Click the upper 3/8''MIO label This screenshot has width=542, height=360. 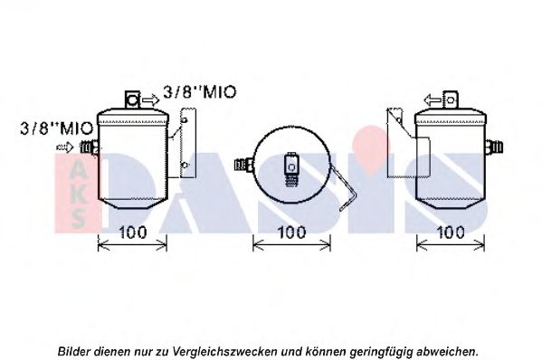[199, 92]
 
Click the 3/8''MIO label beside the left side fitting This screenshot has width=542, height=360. [57, 128]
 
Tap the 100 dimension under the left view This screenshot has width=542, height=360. [132, 232]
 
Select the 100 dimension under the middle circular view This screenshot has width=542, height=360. [291, 232]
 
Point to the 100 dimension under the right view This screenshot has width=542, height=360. [451, 232]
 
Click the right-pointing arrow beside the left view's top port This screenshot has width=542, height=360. [151, 100]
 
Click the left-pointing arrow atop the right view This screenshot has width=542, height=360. [433, 100]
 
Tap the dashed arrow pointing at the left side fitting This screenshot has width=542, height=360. [65, 147]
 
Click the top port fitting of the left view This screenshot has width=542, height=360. [132, 100]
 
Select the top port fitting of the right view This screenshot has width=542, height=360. [451, 100]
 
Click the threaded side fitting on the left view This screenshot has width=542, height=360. [90, 147]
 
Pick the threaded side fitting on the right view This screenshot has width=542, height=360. [494, 147]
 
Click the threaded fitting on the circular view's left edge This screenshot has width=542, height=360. [244, 164]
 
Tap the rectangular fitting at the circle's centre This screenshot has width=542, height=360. [291, 169]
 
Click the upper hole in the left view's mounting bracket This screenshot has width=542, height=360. [185, 120]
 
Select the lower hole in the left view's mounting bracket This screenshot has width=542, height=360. [185, 165]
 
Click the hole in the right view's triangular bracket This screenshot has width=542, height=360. [399, 120]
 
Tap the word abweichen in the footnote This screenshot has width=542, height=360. [447, 351]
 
